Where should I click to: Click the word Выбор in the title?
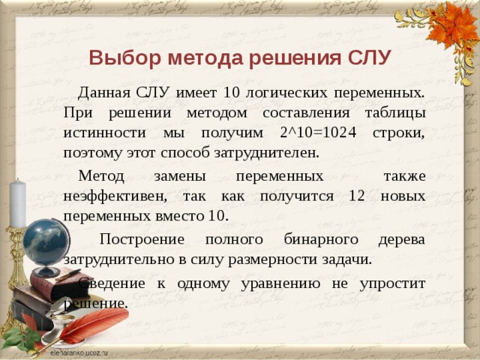click(116, 58)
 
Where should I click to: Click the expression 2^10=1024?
click(331, 132)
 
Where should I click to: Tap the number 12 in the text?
click(357, 195)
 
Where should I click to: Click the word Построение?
click(139, 239)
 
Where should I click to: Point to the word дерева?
click(401, 239)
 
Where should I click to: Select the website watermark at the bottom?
click(78, 352)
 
